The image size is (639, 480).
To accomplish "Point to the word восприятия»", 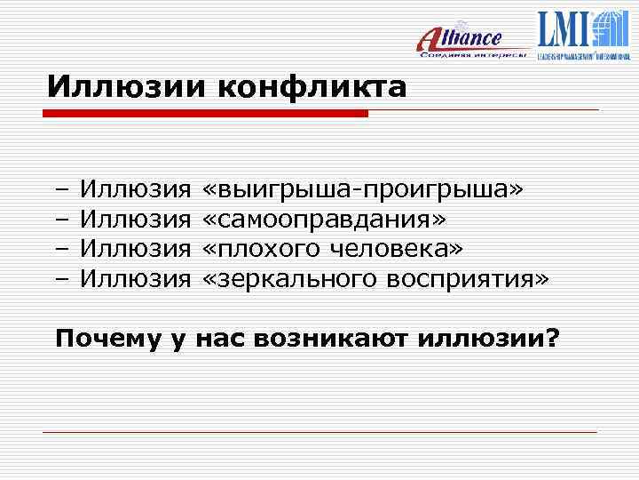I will point(468,279).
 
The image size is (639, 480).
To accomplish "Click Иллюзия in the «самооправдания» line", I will point(136,219).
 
